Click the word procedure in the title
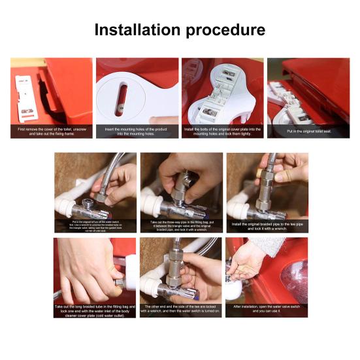pyautogui.click(x=225, y=31)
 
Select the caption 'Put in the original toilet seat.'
pyautogui.click(x=308, y=131)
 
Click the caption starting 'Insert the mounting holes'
pyautogui.click(x=137, y=131)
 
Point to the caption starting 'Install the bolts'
pyautogui.click(x=222, y=131)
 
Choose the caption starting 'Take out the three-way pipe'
pyautogui.click(x=180, y=226)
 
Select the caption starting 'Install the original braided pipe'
pyautogui.click(x=267, y=227)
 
